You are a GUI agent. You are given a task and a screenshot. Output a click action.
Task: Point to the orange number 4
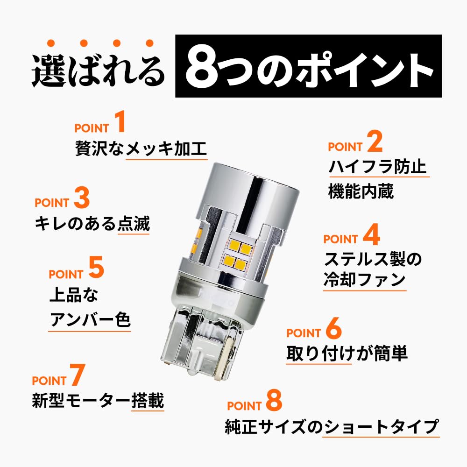pos(371,236)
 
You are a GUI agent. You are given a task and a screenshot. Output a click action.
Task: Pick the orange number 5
pos(96,269)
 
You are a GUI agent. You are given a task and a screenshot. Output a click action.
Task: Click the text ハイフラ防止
pos(377,167)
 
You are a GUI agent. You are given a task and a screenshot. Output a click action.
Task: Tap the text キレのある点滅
pos(92,224)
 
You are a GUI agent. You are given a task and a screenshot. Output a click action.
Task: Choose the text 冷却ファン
pos(364,280)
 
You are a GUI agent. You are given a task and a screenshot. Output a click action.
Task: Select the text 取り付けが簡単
pos(347,354)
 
